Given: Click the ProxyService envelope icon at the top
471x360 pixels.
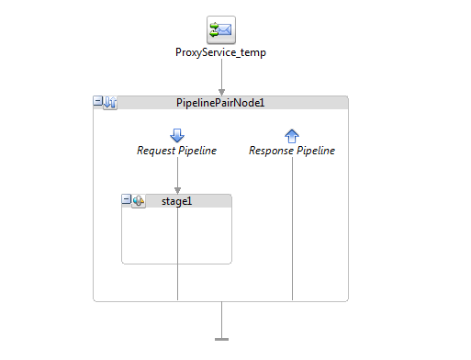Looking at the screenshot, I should click(x=220, y=29).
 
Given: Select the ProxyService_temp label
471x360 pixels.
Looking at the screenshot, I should click(x=220, y=52).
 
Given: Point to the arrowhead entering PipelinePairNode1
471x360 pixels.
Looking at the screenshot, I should click(x=221, y=91).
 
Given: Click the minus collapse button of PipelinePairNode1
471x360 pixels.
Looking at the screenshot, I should click(x=99, y=102).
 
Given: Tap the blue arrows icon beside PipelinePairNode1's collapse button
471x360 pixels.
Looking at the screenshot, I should click(x=110, y=103).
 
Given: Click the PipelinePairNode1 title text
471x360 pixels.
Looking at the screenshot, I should click(x=220, y=103).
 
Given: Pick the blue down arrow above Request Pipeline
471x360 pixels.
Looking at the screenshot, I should click(x=177, y=135).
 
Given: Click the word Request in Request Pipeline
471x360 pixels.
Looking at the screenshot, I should click(x=157, y=151).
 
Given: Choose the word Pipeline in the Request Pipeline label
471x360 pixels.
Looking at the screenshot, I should click(x=197, y=151).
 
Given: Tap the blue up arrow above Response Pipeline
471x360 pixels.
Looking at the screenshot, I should click(x=292, y=136).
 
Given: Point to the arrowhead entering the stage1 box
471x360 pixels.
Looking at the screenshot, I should click(x=177, y=190).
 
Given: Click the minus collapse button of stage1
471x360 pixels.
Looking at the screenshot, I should click(x=127, y=200).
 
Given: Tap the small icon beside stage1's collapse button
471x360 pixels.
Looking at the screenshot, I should click(x=139, y=201).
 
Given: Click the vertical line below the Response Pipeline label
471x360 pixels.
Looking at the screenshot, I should click(x=292, y=230).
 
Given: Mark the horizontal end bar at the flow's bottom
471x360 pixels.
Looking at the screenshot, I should click(x=221, y=339).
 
